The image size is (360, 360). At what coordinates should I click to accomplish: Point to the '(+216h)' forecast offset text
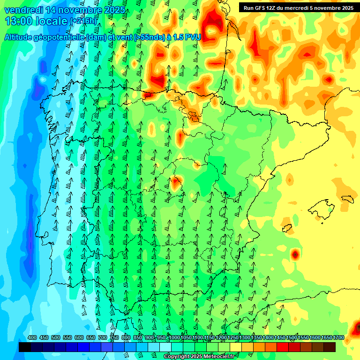point(83,21)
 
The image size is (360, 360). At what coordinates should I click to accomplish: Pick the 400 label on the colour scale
point(32,337)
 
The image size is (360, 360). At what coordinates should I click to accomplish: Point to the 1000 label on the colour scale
point(174,337)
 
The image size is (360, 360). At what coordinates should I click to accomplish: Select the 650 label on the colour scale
point(91,337)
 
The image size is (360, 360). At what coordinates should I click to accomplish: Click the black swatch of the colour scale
point(25,347)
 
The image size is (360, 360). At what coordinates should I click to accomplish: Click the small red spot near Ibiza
point(295,255)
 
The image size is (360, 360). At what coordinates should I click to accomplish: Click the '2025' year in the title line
point(114,10)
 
